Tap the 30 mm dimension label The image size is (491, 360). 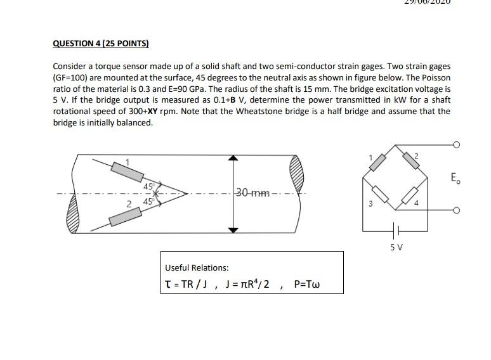(x=252, y=193)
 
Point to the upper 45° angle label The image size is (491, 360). (x=148, y=186)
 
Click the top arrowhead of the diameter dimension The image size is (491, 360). (x=234, y=158)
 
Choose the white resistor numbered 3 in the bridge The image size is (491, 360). (x=379, y=193)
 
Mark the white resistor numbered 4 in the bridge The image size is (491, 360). (x=411, y=195)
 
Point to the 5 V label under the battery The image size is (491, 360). (x=396, y=247)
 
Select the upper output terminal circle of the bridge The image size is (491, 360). (x=455, y=145)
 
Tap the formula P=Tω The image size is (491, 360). (x=307, y=284)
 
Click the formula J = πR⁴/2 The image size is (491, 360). (x=247, y=284)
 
